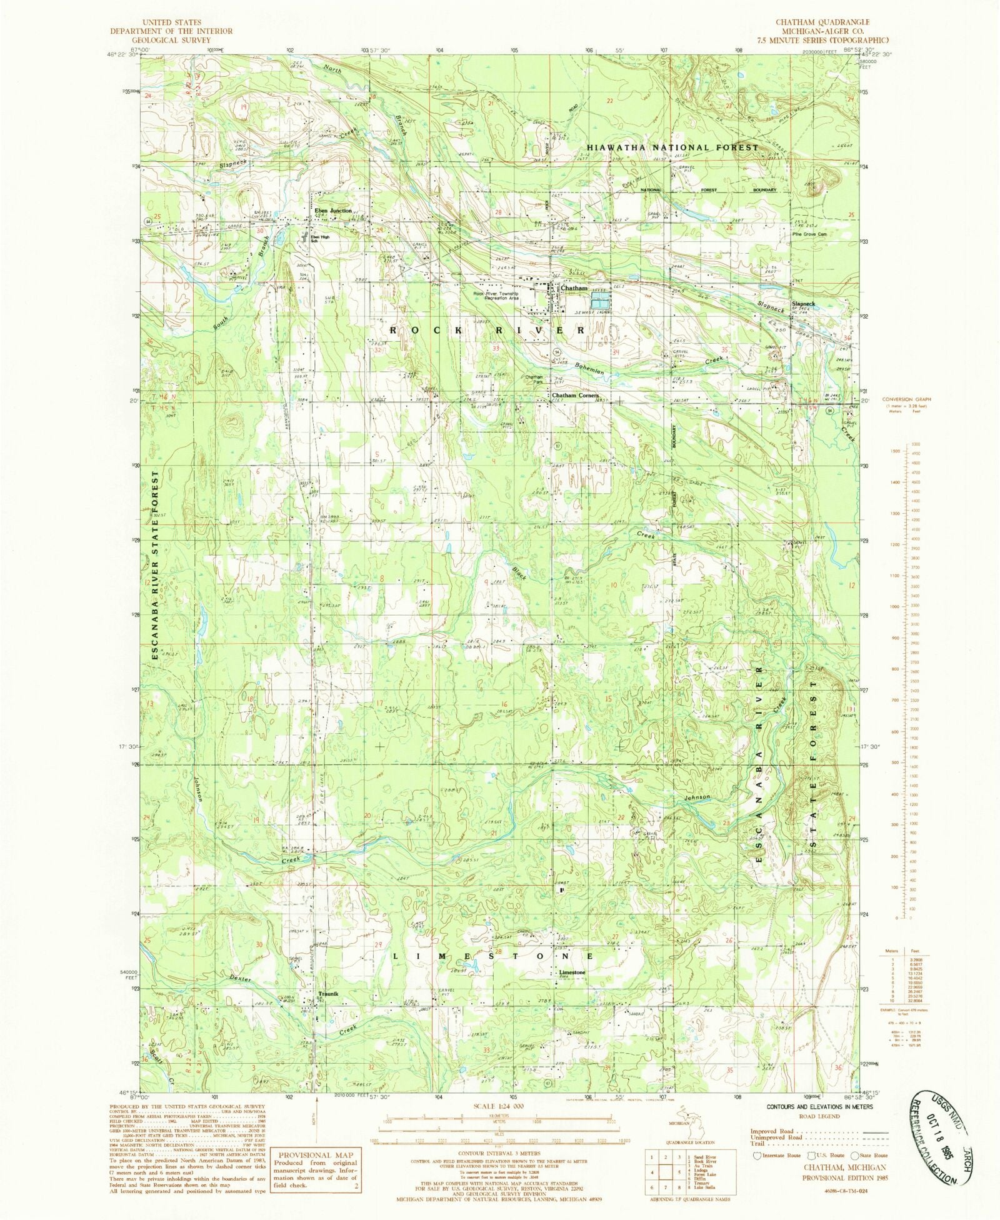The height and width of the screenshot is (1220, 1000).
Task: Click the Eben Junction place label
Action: [x=333, y=211]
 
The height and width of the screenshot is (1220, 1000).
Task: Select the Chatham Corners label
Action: [x=575, y=396]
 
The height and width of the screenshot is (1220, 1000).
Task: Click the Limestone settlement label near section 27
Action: [x=572, y=972]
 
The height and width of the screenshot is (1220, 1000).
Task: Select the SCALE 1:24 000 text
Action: [x=499, y=1106]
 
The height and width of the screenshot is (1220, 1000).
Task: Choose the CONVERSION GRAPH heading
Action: [x=906, y=399]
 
